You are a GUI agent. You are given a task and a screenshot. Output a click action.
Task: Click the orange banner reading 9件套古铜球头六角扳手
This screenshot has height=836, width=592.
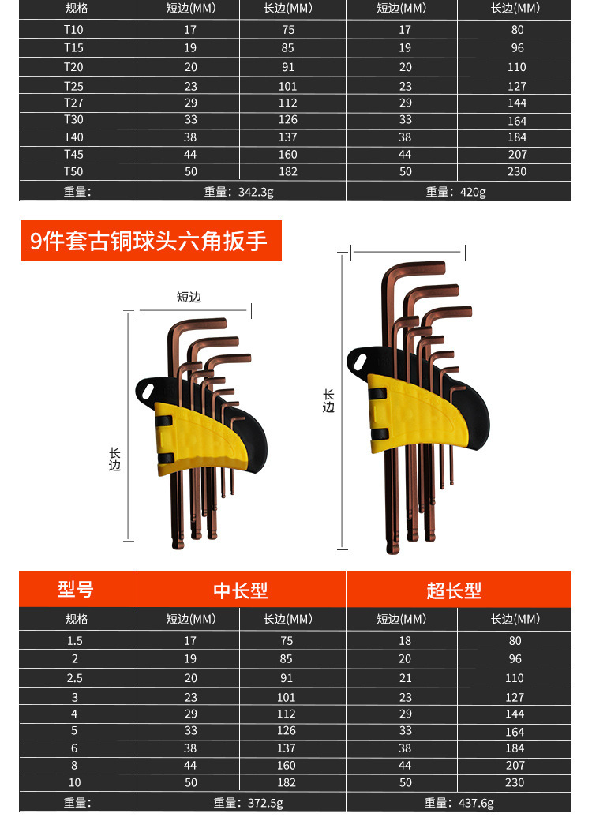[150, 240]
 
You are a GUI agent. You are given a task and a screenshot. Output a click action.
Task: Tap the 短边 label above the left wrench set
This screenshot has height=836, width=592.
[189, 297]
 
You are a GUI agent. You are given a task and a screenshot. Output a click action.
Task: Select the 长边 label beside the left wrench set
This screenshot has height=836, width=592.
[114, 459]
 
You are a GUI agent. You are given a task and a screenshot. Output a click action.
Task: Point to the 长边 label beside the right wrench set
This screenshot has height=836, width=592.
[329, 401]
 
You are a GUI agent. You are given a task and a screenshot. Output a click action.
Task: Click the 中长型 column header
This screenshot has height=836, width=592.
[241, 590]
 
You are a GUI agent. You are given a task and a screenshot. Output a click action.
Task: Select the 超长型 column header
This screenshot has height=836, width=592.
[454, 590]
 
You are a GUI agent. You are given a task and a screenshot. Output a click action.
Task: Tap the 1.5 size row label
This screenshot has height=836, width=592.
[76, 641]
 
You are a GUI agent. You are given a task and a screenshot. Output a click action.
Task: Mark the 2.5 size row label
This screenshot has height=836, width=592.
[76, 678]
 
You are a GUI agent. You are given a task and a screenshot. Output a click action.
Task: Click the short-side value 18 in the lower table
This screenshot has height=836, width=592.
[405, 641]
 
